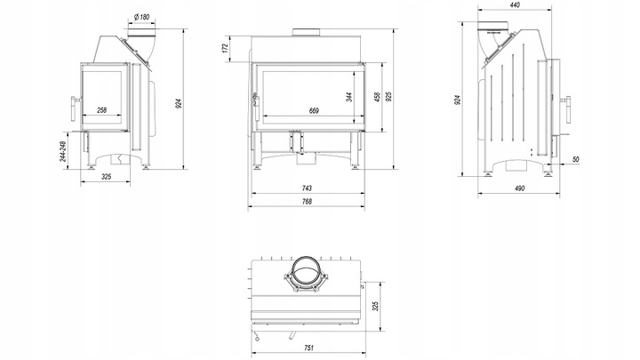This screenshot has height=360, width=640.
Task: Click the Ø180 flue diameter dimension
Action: [141, 17]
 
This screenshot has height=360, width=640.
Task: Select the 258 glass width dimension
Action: [102, 110]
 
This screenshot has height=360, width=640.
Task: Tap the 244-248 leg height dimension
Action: [63, 151]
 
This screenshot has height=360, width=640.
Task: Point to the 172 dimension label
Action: [225, 48]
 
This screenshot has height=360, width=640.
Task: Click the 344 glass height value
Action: [349, 97]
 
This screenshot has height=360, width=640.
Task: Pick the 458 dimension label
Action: [377, 97]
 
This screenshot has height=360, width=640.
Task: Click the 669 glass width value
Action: [314, 110]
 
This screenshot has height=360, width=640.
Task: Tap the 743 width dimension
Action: [307, 188]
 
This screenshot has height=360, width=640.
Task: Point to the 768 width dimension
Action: [307, 201]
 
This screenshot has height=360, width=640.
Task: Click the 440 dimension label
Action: [515, 5]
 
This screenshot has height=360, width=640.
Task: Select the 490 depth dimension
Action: [519, 188]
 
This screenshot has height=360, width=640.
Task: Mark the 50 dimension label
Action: [575, 159]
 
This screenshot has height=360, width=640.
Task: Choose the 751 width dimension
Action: [309, 348]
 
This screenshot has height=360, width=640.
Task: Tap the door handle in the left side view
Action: [74, 108]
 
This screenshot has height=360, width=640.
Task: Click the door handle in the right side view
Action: [567, 109]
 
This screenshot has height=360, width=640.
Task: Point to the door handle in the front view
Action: [256, 107]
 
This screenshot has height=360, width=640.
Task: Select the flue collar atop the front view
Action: [306, 33]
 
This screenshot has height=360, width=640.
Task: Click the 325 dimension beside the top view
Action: [375, 306]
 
